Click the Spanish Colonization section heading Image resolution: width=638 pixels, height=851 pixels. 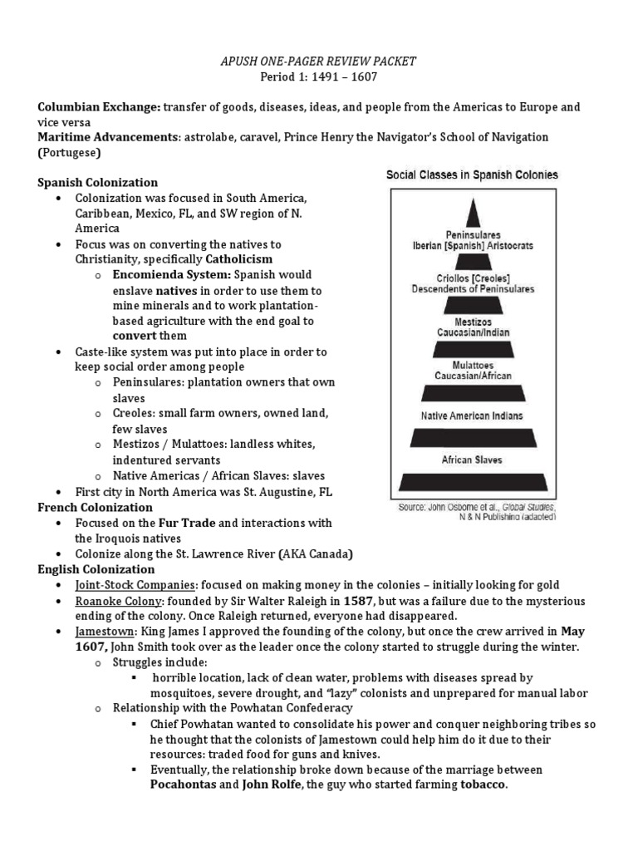(x=98, y=182)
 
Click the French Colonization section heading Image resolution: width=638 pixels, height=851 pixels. (x=96, y=507)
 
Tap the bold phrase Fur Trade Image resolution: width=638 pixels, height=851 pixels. (x=185, y=523)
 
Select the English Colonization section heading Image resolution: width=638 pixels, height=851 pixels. (x=96, y=569)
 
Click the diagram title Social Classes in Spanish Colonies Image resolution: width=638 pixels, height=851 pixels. (x=472, y=175)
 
